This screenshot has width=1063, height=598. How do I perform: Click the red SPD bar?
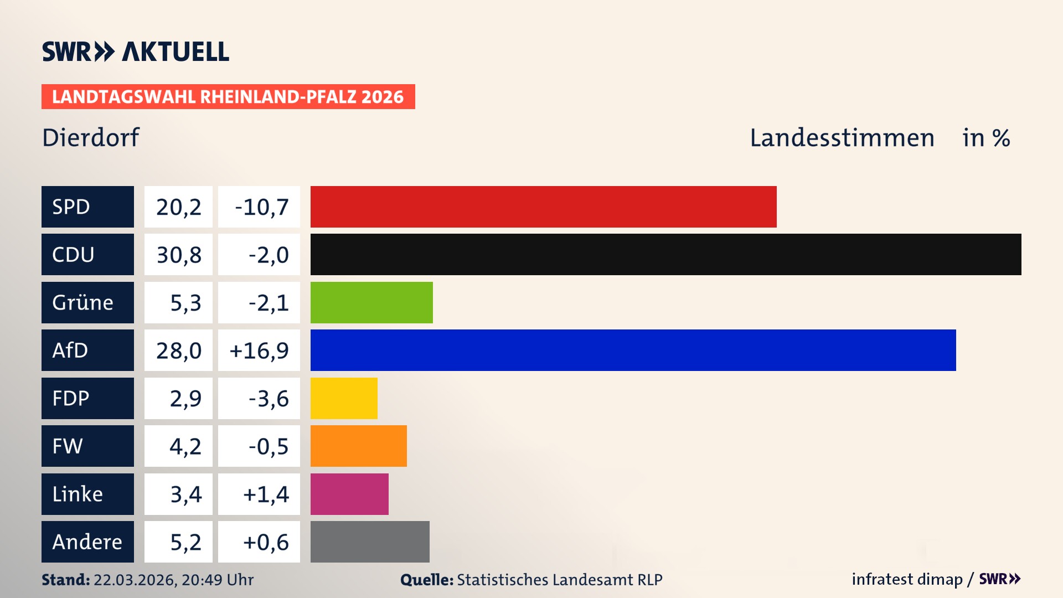(543, 207)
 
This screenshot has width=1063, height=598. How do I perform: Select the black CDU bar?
(665, 254)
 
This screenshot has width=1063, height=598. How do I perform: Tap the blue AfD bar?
(633, 350)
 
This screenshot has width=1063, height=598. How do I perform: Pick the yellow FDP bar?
(344, 398)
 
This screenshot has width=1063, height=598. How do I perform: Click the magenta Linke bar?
(349, 494)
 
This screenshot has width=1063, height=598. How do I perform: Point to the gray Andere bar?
(370, 542)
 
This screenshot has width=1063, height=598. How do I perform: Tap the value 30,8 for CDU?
(178, 255)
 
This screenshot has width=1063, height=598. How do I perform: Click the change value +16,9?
(259, 350)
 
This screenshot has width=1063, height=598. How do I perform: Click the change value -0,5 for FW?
(268, 446)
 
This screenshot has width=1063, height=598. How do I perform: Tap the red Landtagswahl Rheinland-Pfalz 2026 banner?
(228, 97)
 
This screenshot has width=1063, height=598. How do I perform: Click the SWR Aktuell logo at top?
(136, 51)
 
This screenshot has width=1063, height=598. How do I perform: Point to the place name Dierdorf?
(90, 137)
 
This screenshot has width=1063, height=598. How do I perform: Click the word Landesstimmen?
(842, 138)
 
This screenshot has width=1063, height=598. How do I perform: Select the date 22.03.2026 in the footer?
(134, 580)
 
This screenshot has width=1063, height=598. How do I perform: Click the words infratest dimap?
(906, 579)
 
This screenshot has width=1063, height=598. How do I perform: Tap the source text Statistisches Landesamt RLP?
(559, 580)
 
